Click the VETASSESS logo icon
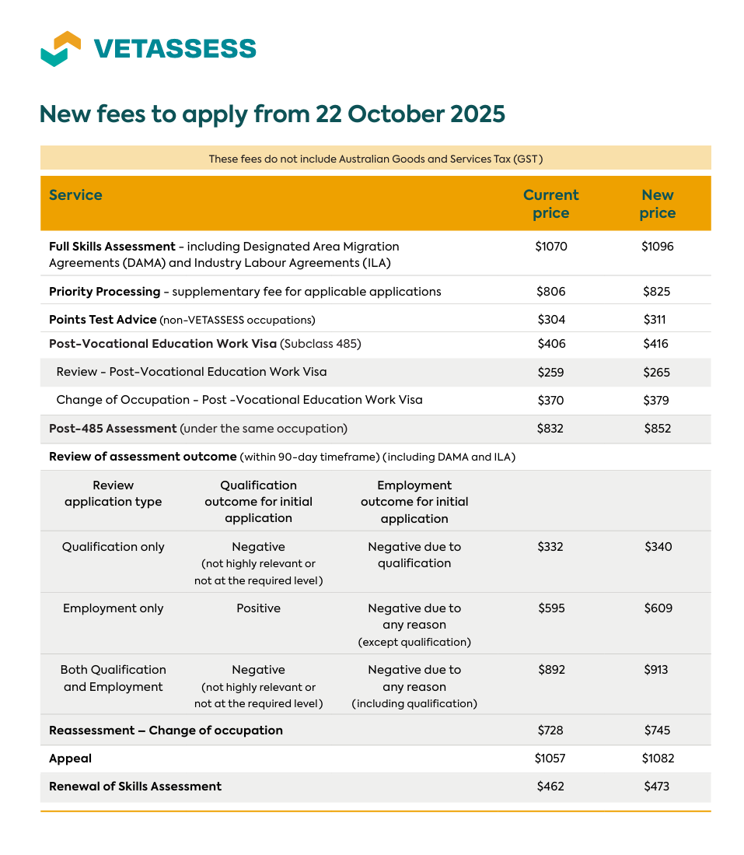tap(61, 48)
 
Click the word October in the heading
tap(396, 114)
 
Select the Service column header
tap(75, 194)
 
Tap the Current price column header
tap(550, 204)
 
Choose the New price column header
tap(657, 204)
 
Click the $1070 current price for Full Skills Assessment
tap(551, 247)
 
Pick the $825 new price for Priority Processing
tap(657, 292)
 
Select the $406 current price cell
tap(551, 344)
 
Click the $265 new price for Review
tap(657, 372)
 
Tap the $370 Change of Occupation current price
tap(551, 400)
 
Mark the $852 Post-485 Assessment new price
tap(657, 428)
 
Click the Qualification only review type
tap(114, 547)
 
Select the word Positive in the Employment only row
tap(258, 608)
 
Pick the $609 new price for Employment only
tap(658, 608)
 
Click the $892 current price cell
tap(551, 670)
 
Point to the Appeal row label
tap(70, 759)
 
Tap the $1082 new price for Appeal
tap(658, 759)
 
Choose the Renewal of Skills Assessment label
tap(135, 787)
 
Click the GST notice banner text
tap(375, 159)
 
